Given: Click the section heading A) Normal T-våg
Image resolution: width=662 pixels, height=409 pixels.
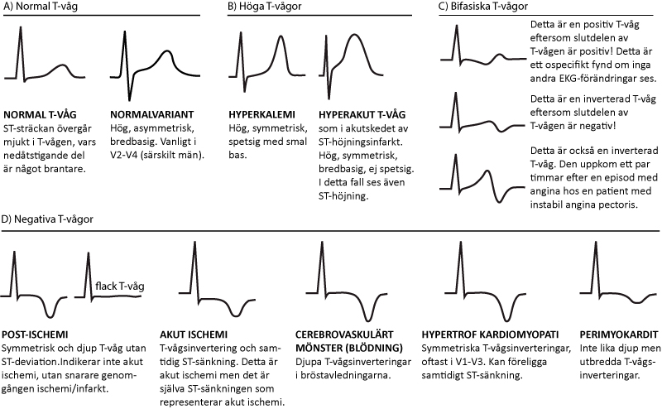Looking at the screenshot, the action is tap(41, 7).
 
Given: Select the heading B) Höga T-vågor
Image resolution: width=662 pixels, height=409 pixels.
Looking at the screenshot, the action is tap(264, 7).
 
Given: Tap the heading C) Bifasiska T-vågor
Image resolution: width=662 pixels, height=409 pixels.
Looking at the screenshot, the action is tap(483, 7).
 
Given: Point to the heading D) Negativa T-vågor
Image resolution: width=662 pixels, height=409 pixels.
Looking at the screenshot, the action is tap(47, 219).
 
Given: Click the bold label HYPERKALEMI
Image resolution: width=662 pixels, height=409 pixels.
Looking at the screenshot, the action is tap(261, 114).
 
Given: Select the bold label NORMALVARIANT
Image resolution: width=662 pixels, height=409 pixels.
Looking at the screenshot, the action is tap(152, 114).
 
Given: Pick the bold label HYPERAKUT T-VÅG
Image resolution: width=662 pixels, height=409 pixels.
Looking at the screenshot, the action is tap(362, 114).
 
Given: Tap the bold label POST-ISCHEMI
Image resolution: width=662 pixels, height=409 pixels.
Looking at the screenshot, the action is tap(35, 334).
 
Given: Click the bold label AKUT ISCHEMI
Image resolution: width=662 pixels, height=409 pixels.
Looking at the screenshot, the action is tap(194, 334).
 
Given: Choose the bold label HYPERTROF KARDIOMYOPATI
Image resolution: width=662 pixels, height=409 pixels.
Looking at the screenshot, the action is tap(490, 334).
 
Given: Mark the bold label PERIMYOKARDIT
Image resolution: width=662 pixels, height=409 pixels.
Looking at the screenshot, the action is tap(618, 334).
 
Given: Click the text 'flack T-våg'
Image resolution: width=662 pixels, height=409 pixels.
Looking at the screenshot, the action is tap(120, 286).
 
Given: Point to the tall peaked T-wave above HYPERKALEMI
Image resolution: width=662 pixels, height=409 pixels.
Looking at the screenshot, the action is tap(281, 36).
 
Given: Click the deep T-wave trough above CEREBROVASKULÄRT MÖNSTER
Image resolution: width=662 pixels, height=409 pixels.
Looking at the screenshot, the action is tap(368, 320).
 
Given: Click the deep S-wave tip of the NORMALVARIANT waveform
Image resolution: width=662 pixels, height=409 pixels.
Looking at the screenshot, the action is tap(130, 99).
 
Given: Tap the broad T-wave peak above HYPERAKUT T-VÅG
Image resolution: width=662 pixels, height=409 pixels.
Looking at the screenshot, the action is tap(355, 34).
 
